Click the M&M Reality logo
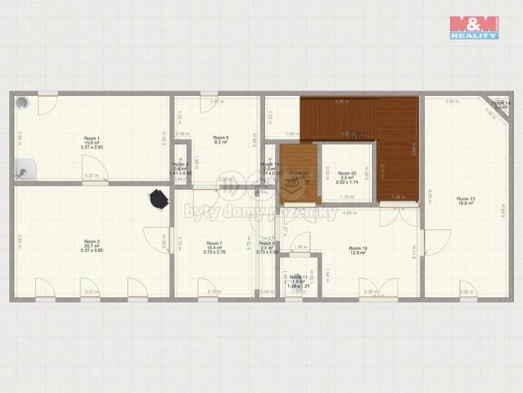tap(474, 27)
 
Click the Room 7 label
tap(215, 244)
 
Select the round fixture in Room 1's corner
tap(23, 102)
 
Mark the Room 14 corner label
tap(500, 105)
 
